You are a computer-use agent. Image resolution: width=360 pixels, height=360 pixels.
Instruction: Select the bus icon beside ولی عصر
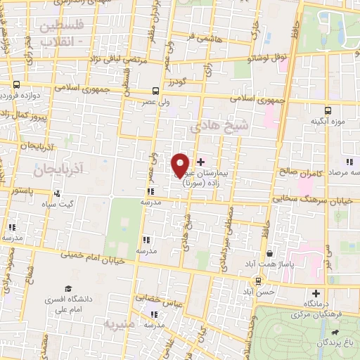click(x=155, y=90)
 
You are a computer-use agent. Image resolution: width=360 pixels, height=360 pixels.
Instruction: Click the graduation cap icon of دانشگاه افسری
click(x=68, y=289)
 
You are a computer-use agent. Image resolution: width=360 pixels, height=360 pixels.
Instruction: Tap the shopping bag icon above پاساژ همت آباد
click(x=269, y=253)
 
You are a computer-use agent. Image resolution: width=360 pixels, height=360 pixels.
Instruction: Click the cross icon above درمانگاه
click(x=316, y=293)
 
